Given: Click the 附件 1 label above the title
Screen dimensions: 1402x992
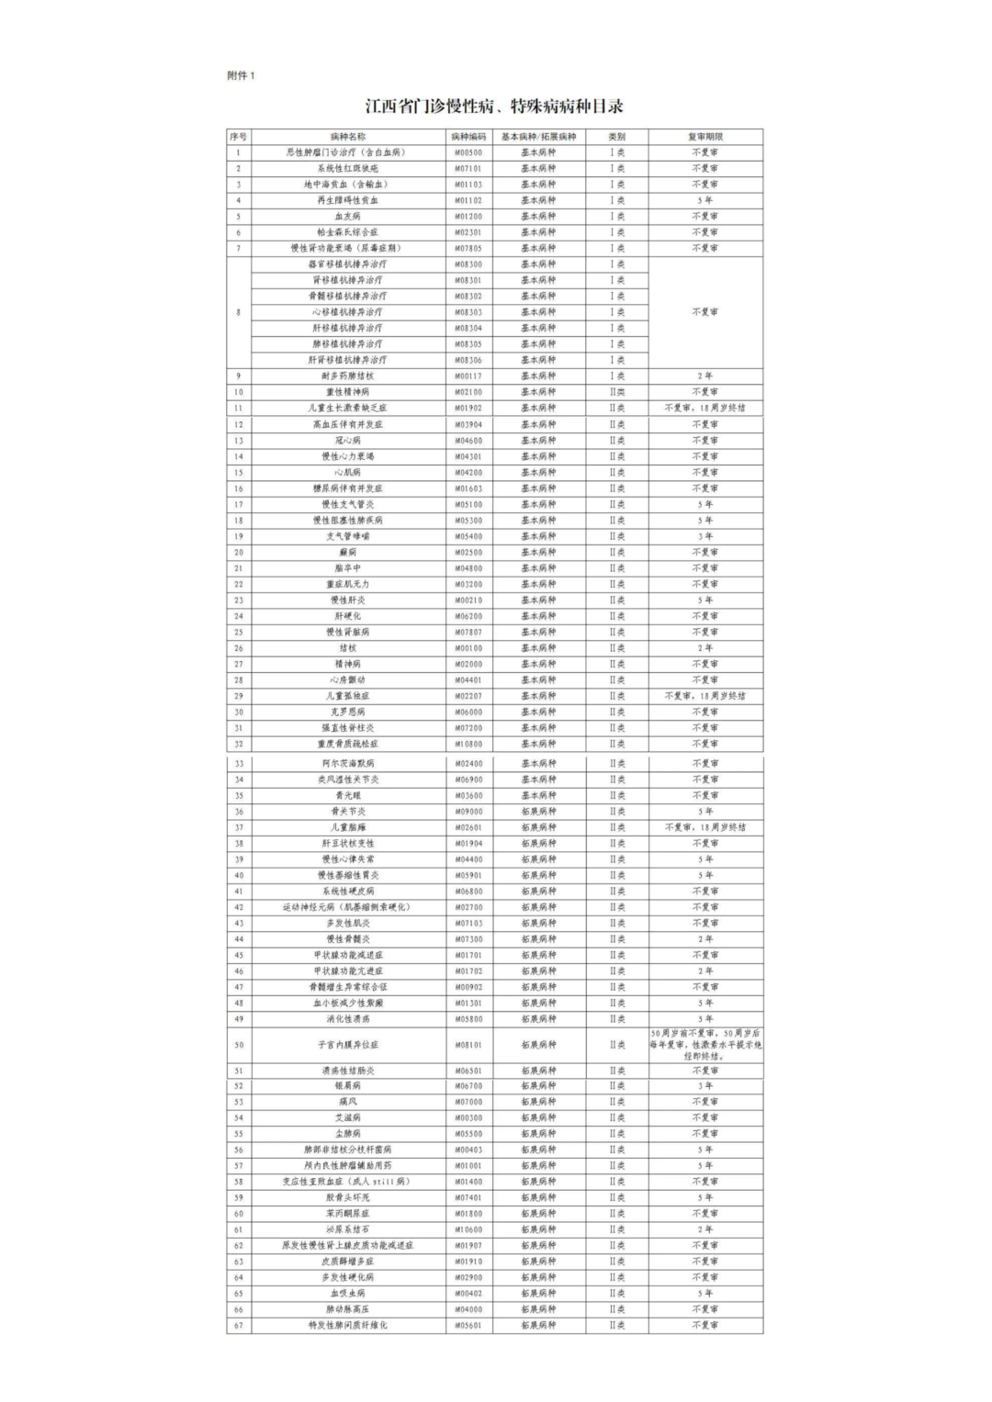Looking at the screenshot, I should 241,76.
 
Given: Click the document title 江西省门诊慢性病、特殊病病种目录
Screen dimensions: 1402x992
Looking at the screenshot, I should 494,107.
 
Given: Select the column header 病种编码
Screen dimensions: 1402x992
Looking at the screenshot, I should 468,137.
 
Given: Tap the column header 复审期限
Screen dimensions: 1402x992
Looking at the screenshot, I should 705,137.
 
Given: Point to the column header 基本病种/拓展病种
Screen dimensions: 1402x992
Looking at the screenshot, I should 538,137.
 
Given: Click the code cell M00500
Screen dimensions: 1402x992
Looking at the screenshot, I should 468,152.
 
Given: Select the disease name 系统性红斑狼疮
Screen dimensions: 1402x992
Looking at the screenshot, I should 347,169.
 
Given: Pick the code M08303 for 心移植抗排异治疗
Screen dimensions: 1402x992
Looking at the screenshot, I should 468,312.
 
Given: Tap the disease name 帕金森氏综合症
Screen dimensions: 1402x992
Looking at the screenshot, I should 347,232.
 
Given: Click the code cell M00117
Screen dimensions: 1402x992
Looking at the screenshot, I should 468,376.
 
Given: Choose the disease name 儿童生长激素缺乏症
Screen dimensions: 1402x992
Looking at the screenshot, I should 347,408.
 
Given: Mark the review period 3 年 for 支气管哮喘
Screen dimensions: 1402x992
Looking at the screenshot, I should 705,536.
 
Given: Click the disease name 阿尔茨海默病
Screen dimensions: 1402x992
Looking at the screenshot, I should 347,764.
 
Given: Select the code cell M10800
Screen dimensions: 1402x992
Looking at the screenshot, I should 468,744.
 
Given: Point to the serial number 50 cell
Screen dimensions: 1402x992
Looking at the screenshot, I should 239,1045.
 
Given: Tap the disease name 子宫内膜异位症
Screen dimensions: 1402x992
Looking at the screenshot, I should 347,1045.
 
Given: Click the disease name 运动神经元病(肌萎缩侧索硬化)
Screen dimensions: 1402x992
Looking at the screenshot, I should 347,907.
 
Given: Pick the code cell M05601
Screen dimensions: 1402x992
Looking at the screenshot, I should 468,1326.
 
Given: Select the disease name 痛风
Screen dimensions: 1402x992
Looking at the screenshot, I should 347,1102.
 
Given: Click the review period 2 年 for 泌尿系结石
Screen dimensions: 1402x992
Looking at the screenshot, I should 705,1229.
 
